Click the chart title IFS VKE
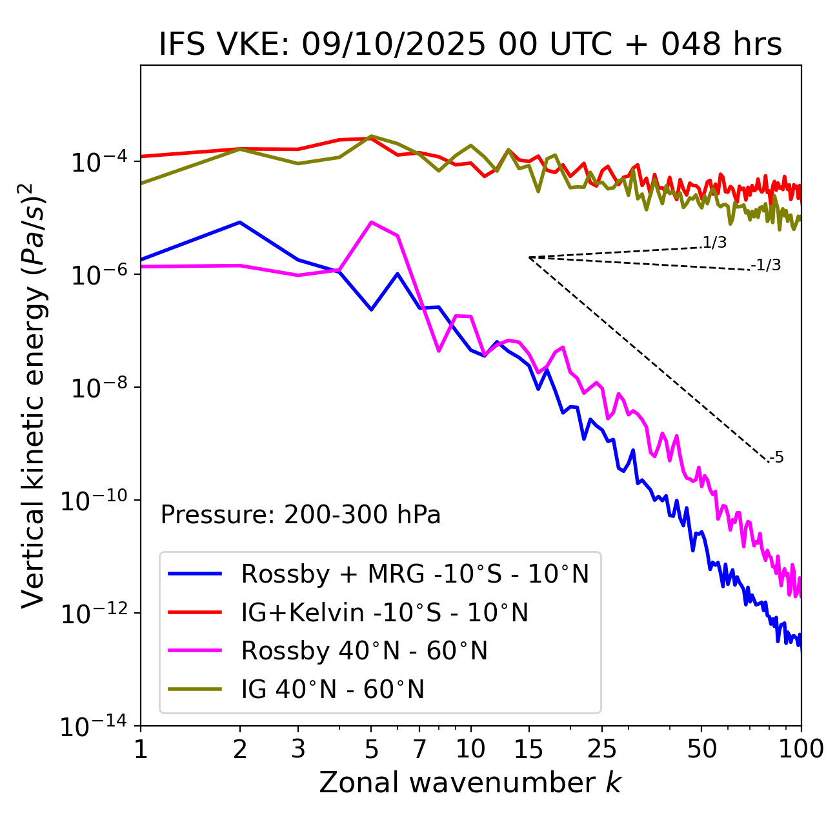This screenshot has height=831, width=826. tap(470, 45)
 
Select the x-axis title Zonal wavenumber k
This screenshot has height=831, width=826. tap(470, 783)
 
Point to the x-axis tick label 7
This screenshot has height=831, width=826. tap(419, 749)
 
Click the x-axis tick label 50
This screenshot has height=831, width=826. tap(701, 749)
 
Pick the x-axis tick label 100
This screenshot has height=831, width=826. tap(801, 749)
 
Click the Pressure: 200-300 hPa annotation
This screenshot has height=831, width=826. tap(301, 515)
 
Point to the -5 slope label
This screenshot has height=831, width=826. tap(777, 458)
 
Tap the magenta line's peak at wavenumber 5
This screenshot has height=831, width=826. tap(371, 222)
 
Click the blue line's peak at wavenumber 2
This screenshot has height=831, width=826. tap(240, 222)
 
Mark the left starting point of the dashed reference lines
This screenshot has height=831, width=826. tap(529, 257)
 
